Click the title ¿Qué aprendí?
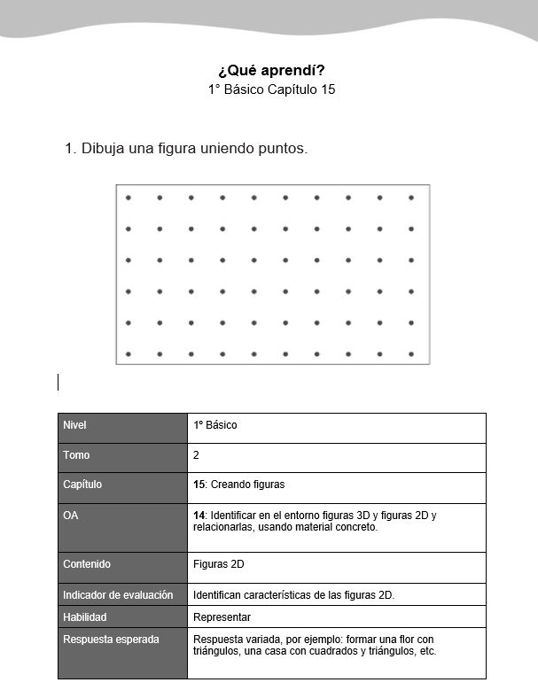pyautogui.click(x=270, y=70)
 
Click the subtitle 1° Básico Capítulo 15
pyautogui.click(x=270, y=89)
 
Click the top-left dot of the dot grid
pyautogui.click(x=129, y=198)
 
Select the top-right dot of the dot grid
pyautogui.click(x=411, y=198)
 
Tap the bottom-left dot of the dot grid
pyautogui.click(x=129, y=354)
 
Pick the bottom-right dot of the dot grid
pyautogui.click(x=411, y=354)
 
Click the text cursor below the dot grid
pyautogui.click(x=58, y=382)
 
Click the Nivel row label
pyautogui.click(x=75, y=425)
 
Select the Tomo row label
pyautogui.click(x=76, y=455)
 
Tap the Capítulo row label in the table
pyautogui.click(x=82, y=485)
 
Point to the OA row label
pyautogui.click(x=71, y=515)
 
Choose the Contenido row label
pyautogui.click(x=87, y=563)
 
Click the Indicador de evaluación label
pyautogui.click(x=118, y=594)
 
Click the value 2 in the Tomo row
pyautogui.click(x=196, y=455)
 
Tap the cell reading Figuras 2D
pyautogui.click(x=218, y=563)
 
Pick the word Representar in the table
pyautogui.click(x=222, y=617)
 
